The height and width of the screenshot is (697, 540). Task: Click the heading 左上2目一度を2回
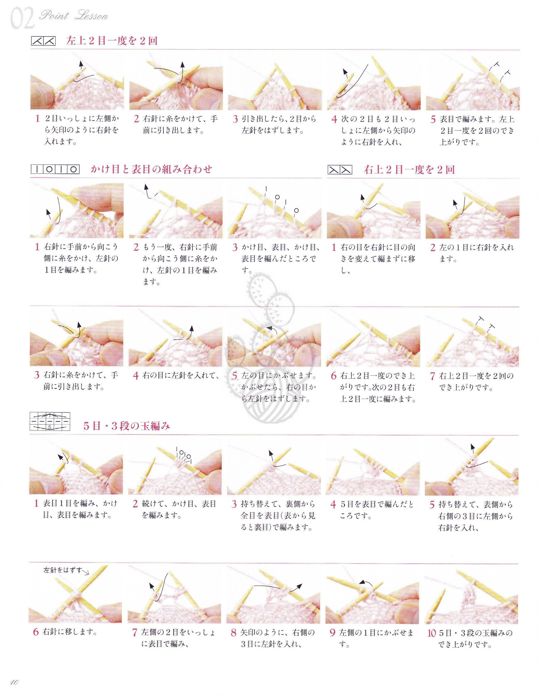tap(112, 41)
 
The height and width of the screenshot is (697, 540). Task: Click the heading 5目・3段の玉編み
tap(126, 426)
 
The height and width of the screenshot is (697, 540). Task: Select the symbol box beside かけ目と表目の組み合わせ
tap(55, 169)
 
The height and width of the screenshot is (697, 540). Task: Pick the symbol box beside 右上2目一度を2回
tap(340, 170)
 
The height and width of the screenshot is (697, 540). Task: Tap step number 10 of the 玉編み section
tap(431, 633)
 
